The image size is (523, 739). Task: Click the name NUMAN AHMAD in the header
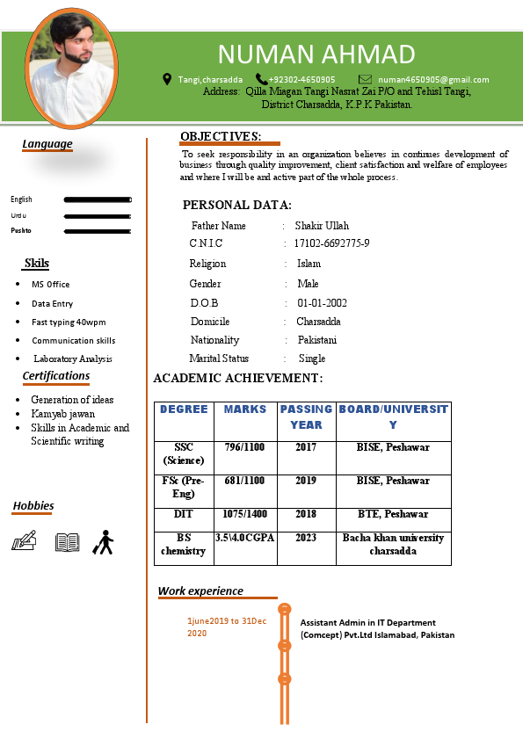(x=316, y=54)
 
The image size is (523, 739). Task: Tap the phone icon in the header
(x=261, y=79)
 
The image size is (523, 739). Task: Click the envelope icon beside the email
(x=365, y=79)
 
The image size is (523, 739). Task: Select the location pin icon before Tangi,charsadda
(x=167, y=79)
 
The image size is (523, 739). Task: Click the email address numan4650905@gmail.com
(x=433, y=80)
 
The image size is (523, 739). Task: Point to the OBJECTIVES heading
(x=221, y=136)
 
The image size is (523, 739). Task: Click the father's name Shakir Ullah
(x=322, y=226)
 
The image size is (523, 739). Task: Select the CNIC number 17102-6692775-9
(x=331, y=243)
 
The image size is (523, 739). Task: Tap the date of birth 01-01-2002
(x=322, y=303)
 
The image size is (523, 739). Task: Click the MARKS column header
(x=245, y=409)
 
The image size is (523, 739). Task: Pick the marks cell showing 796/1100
(x=244, y=447)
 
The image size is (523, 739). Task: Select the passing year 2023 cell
(x=306, y=538)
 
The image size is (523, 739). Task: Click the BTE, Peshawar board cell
(x=393, y=514)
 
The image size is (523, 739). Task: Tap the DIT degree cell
(x=184, y=514)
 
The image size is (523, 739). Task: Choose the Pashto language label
(x=21, y=230)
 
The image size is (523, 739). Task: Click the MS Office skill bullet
(x=50, y=285)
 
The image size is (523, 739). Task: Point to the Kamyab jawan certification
(x=63, y=414)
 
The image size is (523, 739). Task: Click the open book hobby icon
(x=68, y=542)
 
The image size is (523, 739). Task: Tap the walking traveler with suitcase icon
(x=104, y=542)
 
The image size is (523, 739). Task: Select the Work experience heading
(x=200, y=591)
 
